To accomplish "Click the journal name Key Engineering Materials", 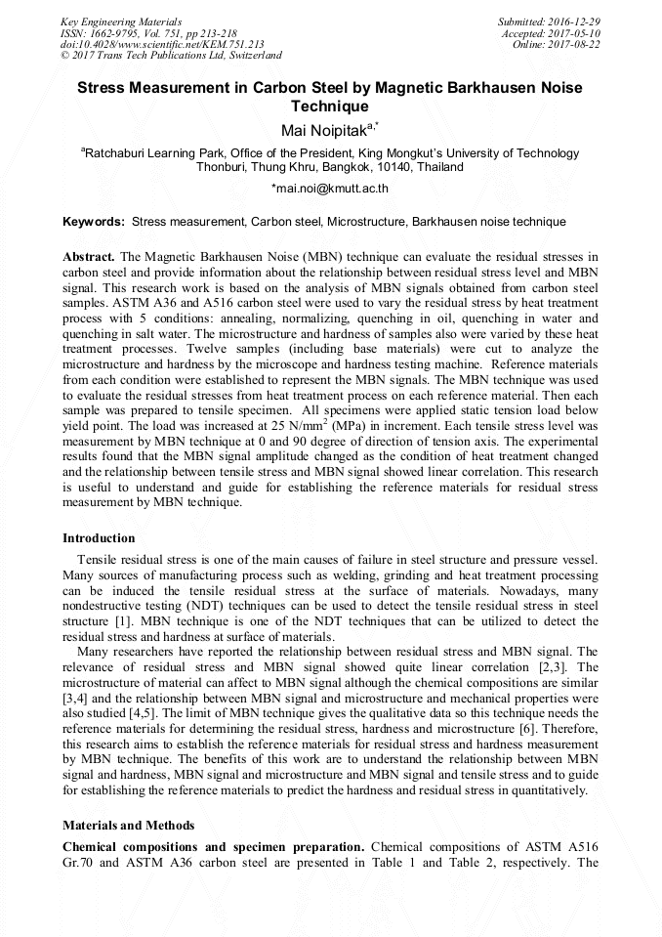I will coord(120,21).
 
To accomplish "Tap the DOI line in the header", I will coord(162,44).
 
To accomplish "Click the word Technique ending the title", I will coord(330,106).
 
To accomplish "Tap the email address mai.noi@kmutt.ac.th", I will coord(332,188).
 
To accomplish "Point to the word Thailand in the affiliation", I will coord(440,167).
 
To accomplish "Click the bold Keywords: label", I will coord(94,222).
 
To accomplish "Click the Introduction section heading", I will coord(99,538).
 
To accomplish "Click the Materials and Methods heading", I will coord(128,826).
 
